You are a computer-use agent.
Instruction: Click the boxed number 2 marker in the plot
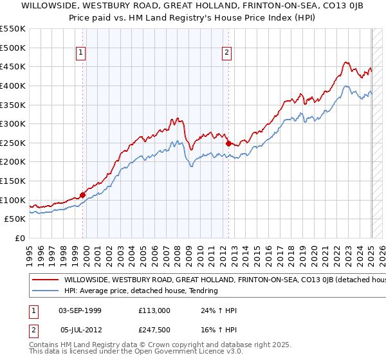coord(227,53)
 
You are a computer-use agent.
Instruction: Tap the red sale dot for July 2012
coord(228,144)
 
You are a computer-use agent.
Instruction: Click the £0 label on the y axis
coord(19,238)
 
